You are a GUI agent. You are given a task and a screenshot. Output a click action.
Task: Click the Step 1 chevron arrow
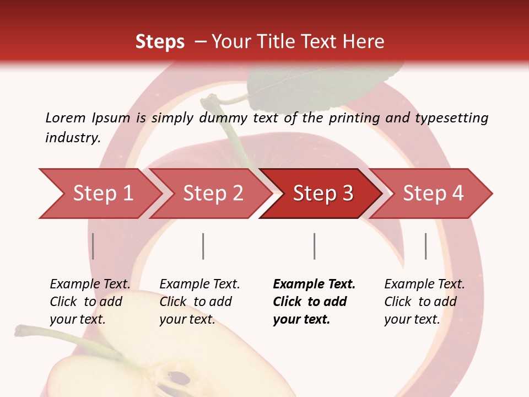click(x=102, y=194)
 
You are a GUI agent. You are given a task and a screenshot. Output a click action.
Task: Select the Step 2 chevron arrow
click(x=213, y=194)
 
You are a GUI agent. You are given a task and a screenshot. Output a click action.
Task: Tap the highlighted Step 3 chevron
click(x=323, y=194)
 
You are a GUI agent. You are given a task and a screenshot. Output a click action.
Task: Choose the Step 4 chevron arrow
click(x=433, y=194)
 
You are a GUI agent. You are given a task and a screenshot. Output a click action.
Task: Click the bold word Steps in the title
click(x=160, y=41)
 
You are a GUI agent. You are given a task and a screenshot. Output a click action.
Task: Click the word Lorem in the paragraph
click(x=65, y=117)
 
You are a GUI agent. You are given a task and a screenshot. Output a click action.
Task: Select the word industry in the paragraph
click(x=72, y=137)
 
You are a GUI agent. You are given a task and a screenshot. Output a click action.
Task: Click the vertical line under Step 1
click(x=93, y=246)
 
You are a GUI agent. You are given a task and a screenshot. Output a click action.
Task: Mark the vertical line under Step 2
click(x=203, y=246)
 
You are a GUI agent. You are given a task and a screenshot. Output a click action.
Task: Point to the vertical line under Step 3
click(x=314, y=246)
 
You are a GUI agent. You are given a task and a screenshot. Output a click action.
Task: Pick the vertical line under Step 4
click(x=425, y=246)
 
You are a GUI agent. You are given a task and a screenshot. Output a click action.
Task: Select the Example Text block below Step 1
click(x=90, y=302)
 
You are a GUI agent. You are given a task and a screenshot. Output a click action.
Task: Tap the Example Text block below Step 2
click(x=199, y=302)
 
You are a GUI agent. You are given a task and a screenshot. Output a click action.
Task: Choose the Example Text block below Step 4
click(x=424, y=302)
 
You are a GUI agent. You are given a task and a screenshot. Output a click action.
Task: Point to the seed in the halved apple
click(x=180, y=379)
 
